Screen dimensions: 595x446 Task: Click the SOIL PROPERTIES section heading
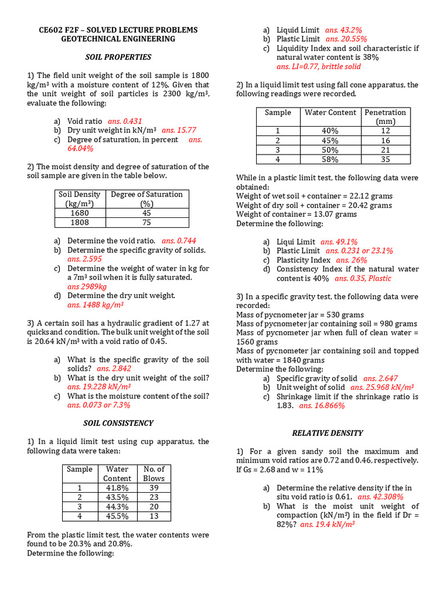tap(118, 57)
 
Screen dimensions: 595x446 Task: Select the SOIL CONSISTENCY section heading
tap(118, 423)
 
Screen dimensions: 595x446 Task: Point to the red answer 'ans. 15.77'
tap(179, 130)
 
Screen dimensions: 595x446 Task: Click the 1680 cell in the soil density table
tap(80, 213)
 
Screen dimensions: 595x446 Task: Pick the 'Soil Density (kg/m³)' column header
tap(80, 199)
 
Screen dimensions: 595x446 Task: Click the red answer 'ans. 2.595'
tap(84, 259)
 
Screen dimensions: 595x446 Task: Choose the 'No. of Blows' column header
tap(154, 474)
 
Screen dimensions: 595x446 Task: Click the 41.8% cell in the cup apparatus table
tap(117, 488)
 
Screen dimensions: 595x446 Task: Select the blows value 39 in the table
tap(154, 488)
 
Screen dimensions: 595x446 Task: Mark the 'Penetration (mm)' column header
tap(386, 117)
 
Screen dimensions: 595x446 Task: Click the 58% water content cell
tap(330, 159)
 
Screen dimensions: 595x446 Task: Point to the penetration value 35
tap(386, 159)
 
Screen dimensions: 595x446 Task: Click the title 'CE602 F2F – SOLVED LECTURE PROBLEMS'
tap(118, 30)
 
